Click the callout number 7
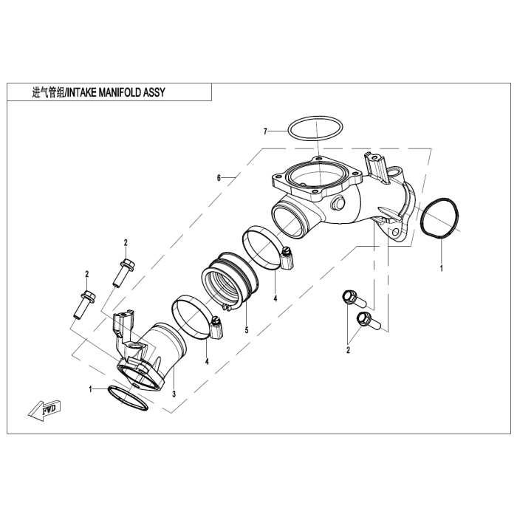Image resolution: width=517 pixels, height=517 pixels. (x=264, y=131)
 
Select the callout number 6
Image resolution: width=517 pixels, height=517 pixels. (x=219, y=178)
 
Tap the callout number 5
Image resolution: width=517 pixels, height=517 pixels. (x=247, y=329)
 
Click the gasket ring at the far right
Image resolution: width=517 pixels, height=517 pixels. (x=441, y=218)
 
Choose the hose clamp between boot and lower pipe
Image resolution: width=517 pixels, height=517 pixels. (x=194, y=318)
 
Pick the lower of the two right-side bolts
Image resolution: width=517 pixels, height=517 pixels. (x=368, y=321)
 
